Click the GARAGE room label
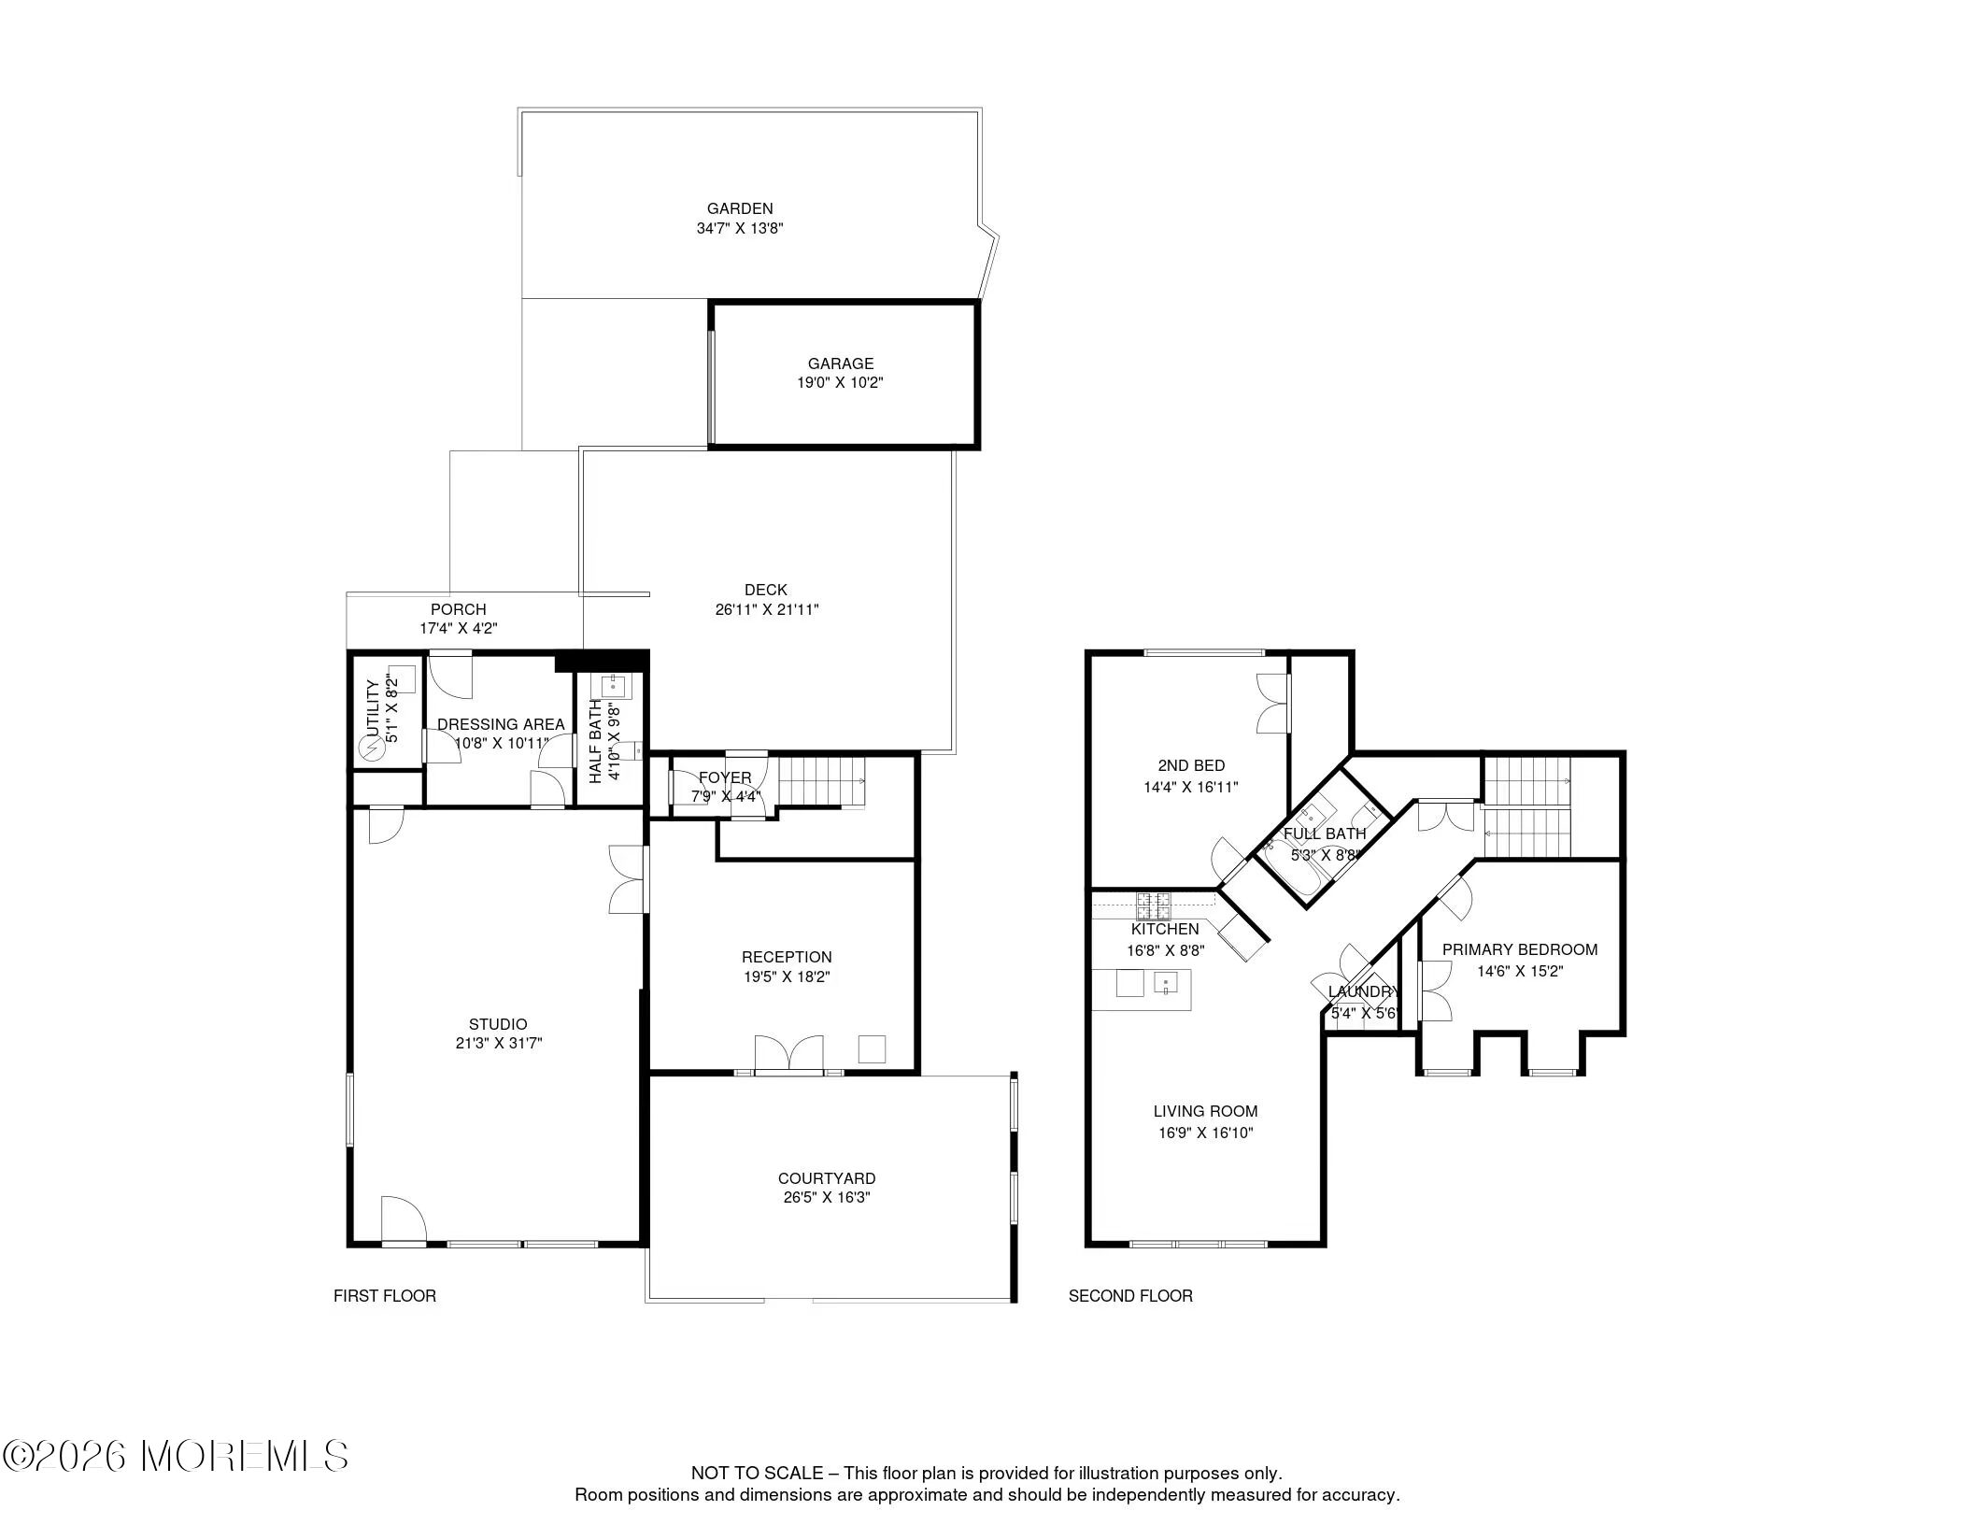841,363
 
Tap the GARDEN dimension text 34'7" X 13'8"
740,228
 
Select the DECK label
766,590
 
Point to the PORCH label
458,609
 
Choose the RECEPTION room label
787,957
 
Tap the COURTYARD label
827,1178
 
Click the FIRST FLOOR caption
385,1296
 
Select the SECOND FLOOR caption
1130,1296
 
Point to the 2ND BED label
1191,766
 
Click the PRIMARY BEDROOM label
1520,949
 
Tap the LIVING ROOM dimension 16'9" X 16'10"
1205,1133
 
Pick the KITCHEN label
1165,930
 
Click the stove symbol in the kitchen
1154,905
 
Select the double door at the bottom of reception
789,1053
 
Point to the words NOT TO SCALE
758,1474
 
